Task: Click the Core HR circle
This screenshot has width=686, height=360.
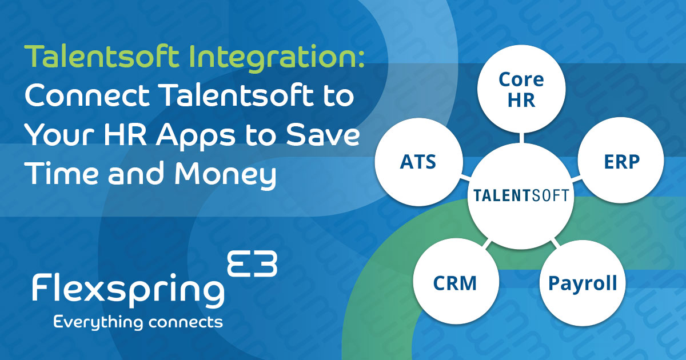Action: [x=521, y=89]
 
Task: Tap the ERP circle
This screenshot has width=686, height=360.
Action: [x=622, y=162]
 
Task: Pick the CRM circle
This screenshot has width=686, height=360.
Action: [x=454, y=283]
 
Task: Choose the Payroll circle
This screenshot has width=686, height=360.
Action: [x=583, y=283]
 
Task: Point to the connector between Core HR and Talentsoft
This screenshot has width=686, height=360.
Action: [x=521, y=138]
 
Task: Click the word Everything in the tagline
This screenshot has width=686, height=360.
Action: [x=97, y=322]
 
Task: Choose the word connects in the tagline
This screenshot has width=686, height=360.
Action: [x=185, y=322]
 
